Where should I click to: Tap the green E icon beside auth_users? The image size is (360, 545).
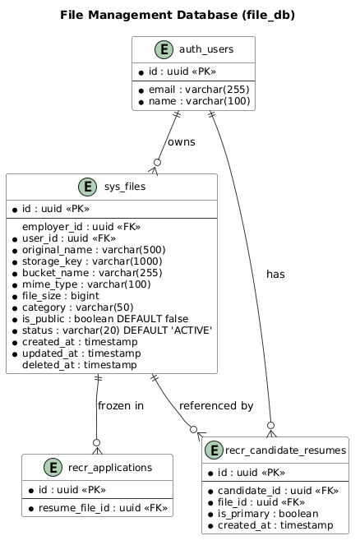(164, 49)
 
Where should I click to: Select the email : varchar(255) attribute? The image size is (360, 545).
(199, 90)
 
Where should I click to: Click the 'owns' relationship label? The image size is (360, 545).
(182, 142)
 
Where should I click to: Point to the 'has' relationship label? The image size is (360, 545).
(275, 275)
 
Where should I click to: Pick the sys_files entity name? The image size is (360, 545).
(125, 187)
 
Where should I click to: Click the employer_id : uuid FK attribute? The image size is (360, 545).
(81, 227)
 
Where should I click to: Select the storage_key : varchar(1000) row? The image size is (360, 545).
(92, 261)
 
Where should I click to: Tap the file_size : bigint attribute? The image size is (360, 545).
(61, 296)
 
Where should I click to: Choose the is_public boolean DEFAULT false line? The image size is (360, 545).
(105, 319)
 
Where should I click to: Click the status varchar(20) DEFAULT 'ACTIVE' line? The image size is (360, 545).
(117, 330)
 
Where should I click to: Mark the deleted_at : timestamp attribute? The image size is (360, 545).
(80, 365)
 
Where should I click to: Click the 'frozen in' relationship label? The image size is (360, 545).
(121, 405)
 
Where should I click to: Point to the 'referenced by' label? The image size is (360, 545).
(216, 405)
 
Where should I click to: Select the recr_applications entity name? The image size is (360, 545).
(110, 468)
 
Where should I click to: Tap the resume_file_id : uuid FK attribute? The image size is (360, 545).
(103, 508)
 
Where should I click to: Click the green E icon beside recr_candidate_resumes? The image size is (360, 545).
(214, 450)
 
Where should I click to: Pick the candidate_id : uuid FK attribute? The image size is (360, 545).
(278, 491)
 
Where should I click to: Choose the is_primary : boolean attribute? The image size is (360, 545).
(268, 514)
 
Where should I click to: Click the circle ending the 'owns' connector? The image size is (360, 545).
(158, 162)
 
